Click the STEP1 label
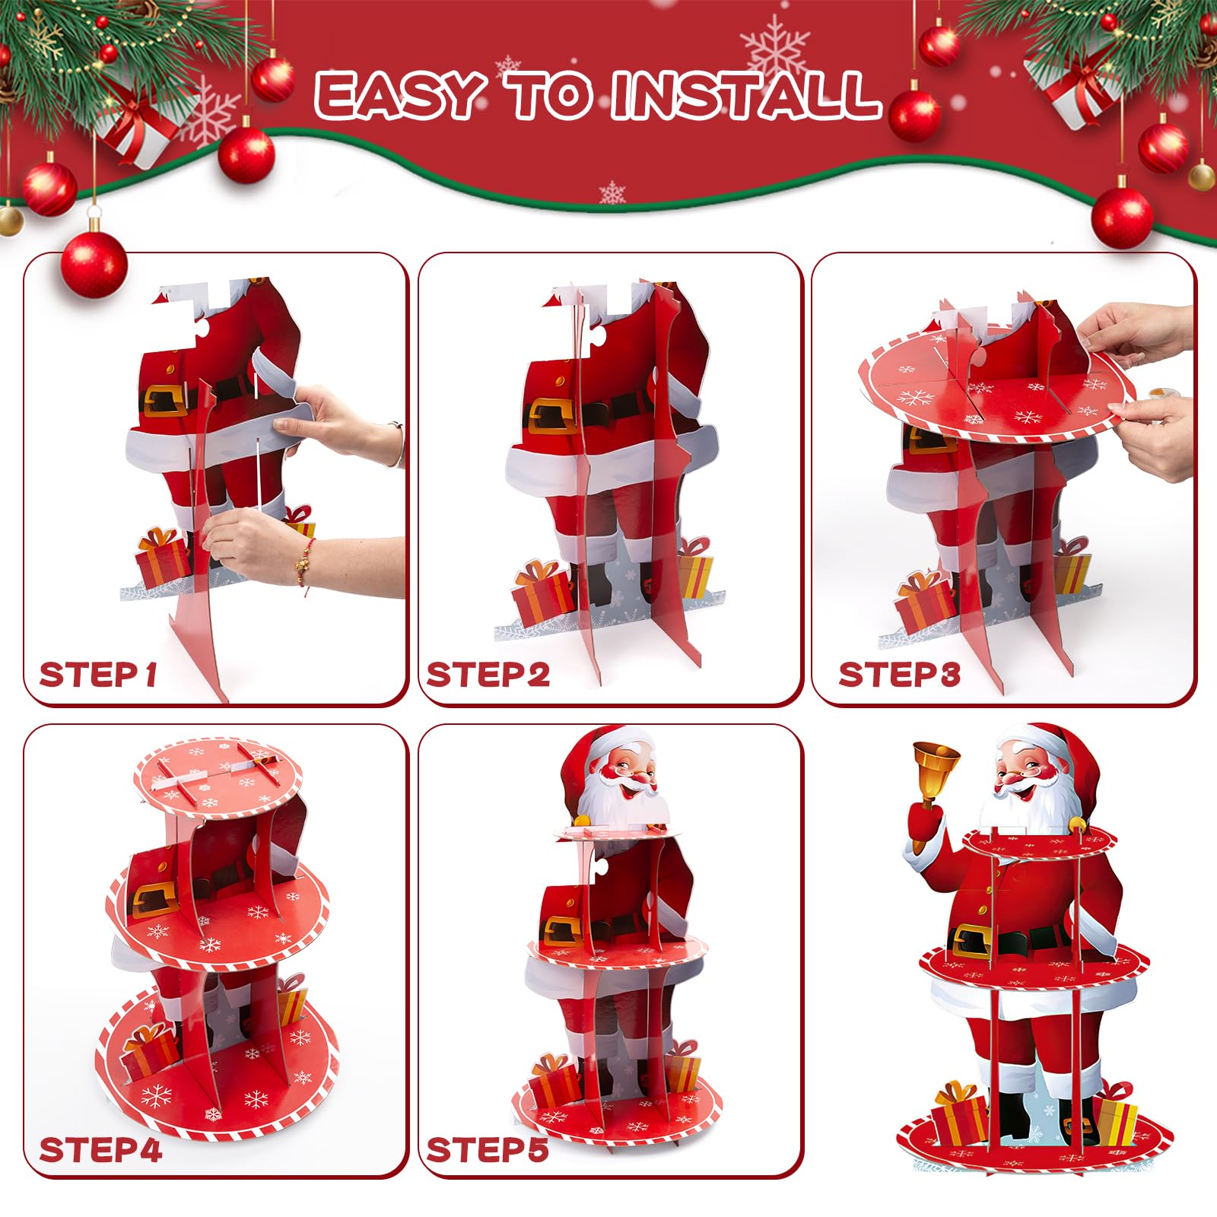[x=98, y=674]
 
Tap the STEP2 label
[x=488, y=675]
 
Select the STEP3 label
[x=900, y=675]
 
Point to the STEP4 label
[x=100, y=1150]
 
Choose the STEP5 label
[x=488, y=1150]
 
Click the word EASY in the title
[x=401, y=96]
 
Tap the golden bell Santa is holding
[x=935, y=771]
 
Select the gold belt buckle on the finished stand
[x=978, y=941]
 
